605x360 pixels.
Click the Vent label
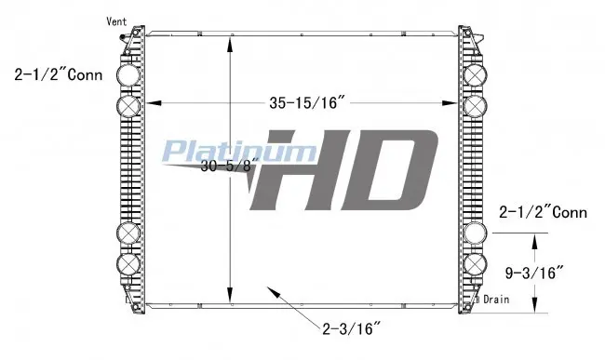click(116, 21)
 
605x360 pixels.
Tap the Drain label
click(496, 300)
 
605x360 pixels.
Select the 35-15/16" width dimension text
click(307, 103)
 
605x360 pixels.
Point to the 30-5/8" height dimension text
click(229, 167)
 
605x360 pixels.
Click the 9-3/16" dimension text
click(534, 273)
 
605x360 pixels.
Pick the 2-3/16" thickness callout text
click(351, 328)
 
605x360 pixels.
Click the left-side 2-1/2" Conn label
click(59, 74)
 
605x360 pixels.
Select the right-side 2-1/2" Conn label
click(543, 212)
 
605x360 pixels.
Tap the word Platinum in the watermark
click(239, 151)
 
